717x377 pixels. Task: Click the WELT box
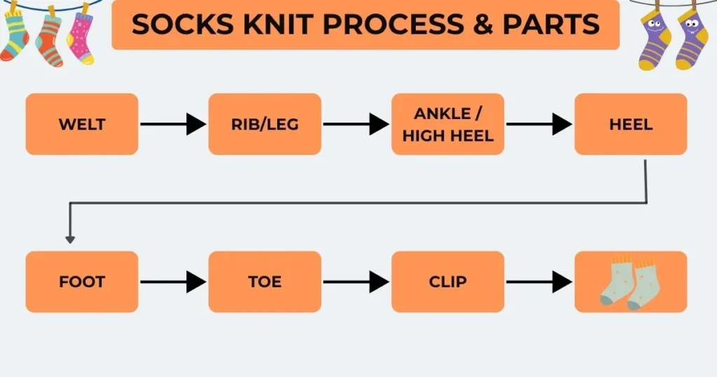tap(82, 124)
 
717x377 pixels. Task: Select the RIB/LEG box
tap(265, 124)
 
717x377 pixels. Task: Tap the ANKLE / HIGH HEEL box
tap(447, 124)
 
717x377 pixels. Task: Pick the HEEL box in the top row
tap(630, 124)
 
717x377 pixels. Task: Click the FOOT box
tap(82, 282)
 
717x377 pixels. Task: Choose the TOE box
tap(265, 282)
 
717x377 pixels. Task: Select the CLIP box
tap(447, 282)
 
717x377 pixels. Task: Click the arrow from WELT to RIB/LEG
tap(173, 125)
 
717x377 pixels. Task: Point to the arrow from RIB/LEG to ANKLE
tap(356, 125)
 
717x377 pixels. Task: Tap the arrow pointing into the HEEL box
tap(538, 125)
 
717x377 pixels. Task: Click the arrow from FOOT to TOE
tap(173, 282)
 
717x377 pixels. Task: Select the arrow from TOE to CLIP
tap(356, 282)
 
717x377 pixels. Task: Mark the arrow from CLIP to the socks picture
tap(538, 282)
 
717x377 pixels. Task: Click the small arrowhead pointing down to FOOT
tap(70, 239)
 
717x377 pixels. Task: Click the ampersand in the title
tap(480, 25)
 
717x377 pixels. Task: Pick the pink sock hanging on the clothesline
tap(80, 38)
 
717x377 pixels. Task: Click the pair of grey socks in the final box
tap(630, 284)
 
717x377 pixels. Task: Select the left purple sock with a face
tap(655, 42)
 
